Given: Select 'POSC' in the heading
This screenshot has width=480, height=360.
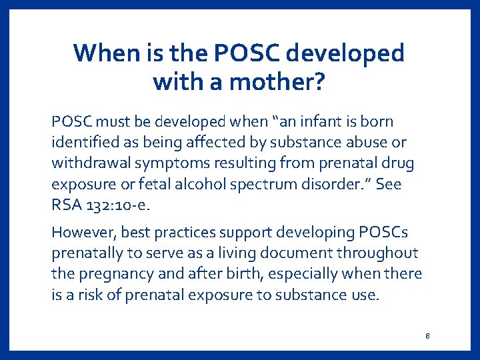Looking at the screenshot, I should [245, 53].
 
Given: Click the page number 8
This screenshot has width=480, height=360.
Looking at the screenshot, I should [427, 335].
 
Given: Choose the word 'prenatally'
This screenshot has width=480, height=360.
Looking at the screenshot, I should [84, 254].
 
